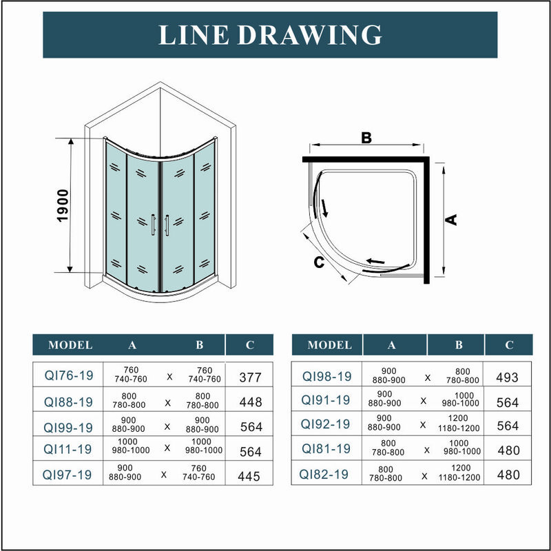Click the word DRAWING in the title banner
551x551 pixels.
click(309, 35)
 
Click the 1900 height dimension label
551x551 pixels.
click(63, 205)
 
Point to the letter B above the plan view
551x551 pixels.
click(366, 138)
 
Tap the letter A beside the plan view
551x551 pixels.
click(451, 220)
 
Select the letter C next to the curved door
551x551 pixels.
click(319, 262)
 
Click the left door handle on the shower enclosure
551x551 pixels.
click(153, 225)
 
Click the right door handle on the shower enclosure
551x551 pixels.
click(167, 225)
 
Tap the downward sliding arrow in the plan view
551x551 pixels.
click(324, 208)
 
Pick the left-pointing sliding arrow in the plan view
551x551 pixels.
click(375, 261)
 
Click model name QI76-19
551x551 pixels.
click(69, 375)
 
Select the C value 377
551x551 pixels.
click(250, 377)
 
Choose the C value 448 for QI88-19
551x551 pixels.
click(251, 402)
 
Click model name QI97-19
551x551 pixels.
click(67, 475)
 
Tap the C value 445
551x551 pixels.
click(249, 477)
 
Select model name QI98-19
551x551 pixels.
click(326, 376)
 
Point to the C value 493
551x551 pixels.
click(507, 377)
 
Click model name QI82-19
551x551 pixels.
click(324, 475)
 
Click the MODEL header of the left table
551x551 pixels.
click(70, 345)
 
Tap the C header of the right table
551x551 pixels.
click(509, 345)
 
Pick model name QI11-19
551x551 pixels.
click(67, 449)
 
